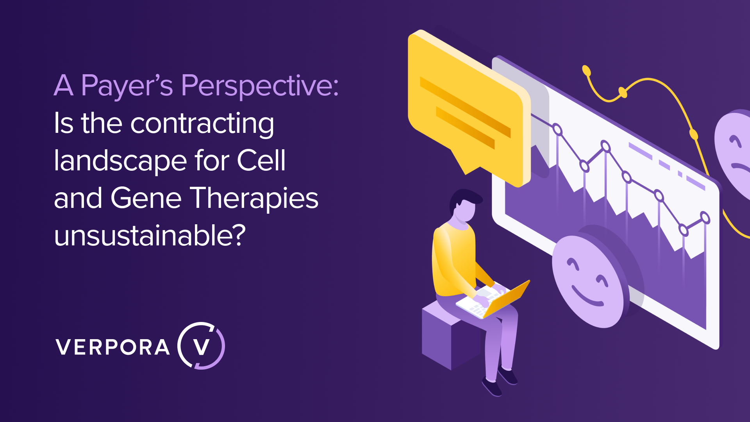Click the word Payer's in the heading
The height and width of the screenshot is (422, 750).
coord(127,86)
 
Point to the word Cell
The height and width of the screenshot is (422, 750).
coord(261,160)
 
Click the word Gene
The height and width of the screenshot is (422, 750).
coord(146,198)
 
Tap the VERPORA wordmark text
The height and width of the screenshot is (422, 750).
coord(113,347)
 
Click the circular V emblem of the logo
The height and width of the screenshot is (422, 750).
coord(202,346)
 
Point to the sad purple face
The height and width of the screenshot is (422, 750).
coord(734,152)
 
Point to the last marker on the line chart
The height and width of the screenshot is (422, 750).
coord(705,217)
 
